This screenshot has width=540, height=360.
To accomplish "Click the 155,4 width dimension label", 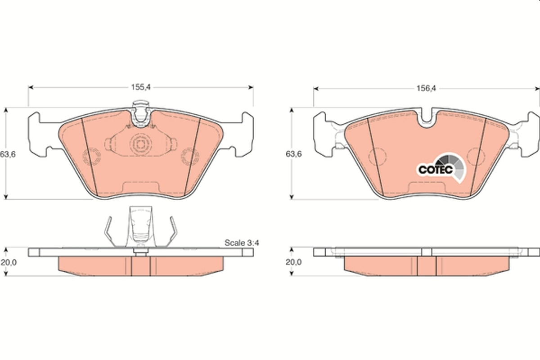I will (140, 88).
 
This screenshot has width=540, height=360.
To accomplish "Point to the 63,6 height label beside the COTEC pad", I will (293, 154).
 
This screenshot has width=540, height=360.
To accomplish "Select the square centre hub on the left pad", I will (140, 144).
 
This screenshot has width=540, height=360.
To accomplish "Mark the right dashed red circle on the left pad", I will (189, 157).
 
